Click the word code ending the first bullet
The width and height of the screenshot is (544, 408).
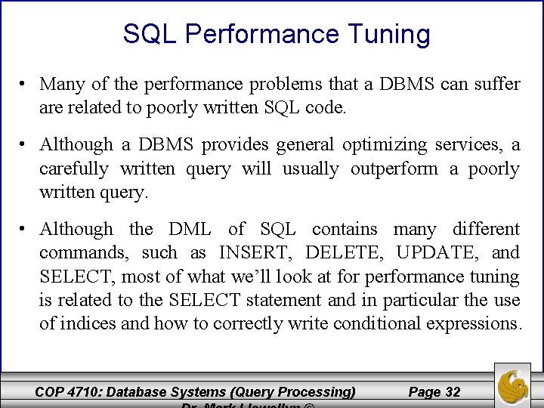[x=326, y=108]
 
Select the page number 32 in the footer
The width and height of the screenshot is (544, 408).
[x=453, y=391]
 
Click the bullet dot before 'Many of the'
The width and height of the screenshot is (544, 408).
[x=26, y=85]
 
